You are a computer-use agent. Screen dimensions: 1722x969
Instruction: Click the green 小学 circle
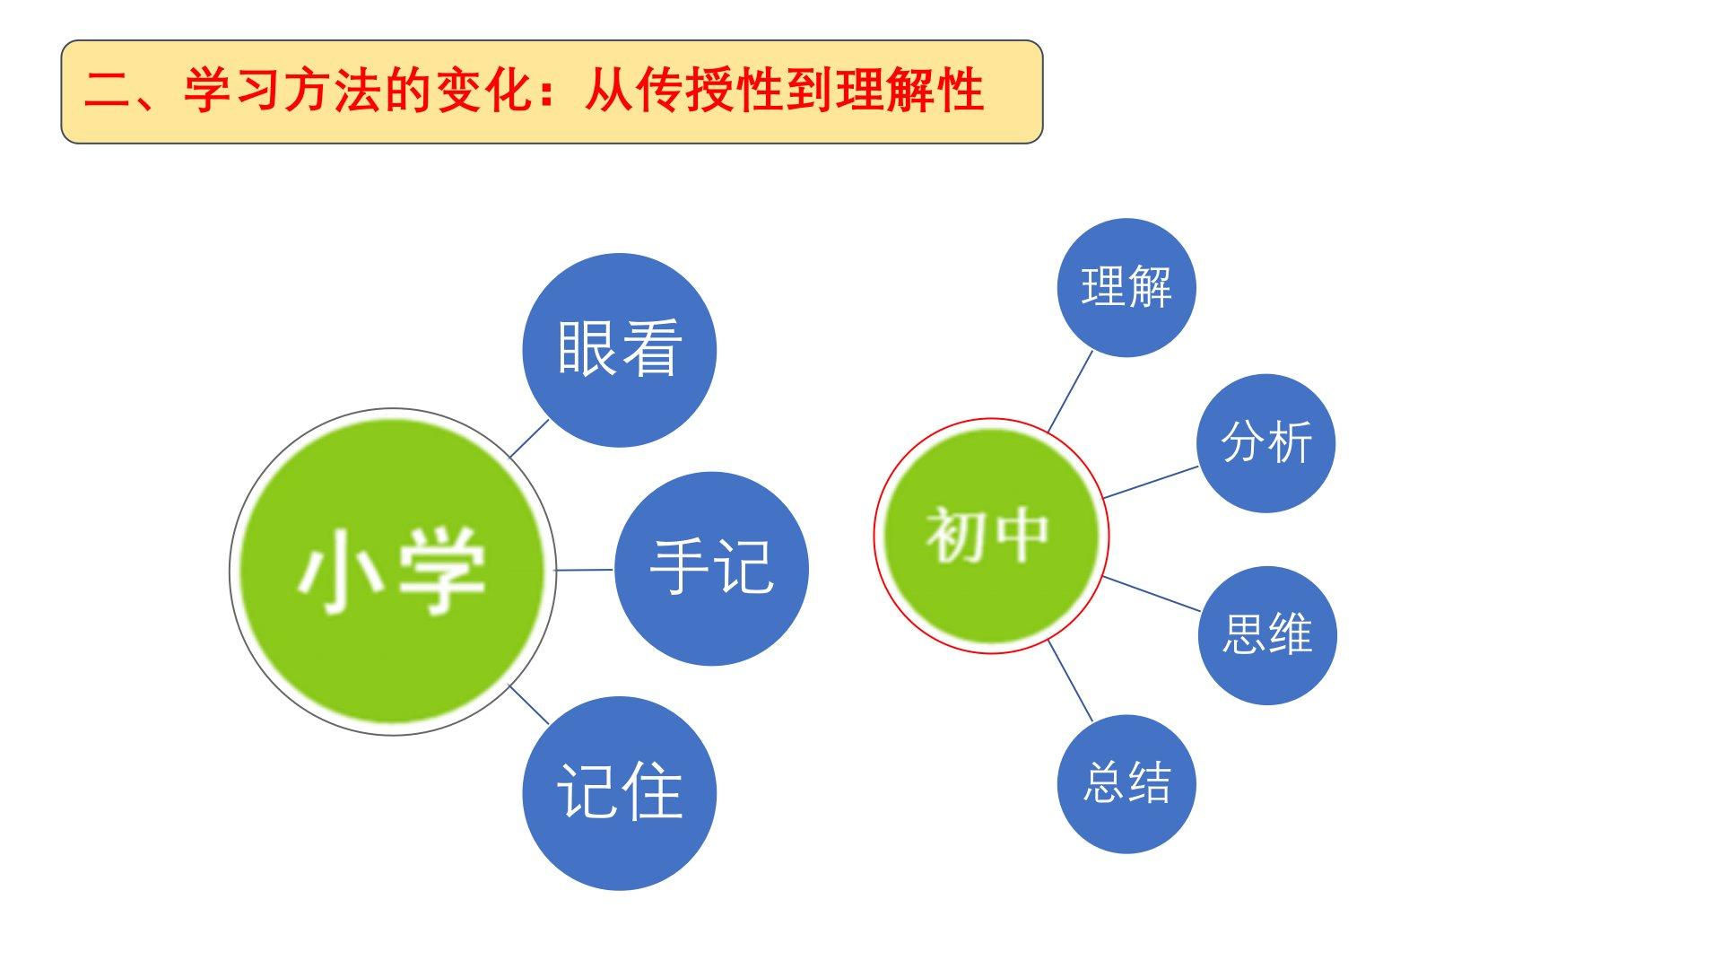393,572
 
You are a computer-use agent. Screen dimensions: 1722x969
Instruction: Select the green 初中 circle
991,536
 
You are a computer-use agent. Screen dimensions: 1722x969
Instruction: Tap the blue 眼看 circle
619,350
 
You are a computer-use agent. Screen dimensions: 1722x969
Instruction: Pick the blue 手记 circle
711,569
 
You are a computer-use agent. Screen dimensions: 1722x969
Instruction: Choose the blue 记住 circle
619,793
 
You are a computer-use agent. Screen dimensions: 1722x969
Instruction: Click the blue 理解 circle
1126,287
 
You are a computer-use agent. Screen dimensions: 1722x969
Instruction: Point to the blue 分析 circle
1266,443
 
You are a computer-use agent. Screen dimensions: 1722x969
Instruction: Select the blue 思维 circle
1267,635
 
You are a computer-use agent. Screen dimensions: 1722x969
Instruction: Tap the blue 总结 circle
1126,784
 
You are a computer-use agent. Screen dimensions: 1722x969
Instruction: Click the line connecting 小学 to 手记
584,570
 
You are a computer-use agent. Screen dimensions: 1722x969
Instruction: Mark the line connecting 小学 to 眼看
529,438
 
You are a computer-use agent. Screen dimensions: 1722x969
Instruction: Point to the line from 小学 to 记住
529,704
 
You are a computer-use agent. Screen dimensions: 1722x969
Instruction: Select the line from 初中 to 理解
1070,391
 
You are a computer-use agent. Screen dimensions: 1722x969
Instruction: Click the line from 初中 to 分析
1151,482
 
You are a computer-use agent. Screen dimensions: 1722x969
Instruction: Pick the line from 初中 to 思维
1152,594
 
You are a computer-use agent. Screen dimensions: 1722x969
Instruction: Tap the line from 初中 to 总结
1071,681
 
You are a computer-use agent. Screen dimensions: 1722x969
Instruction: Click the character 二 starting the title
107,92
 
